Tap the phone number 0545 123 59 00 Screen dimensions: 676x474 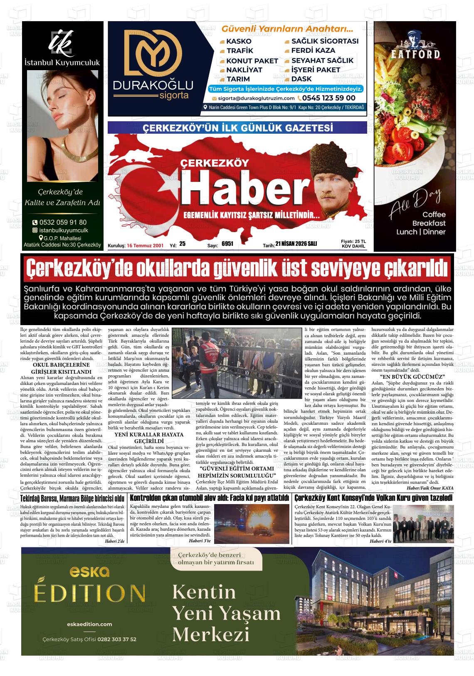(x=328, y=98)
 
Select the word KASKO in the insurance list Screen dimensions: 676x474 (x=239, y=41)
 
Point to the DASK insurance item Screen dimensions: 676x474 (x=301, y=79)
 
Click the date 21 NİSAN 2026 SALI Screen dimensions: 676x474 (x=299, y=244)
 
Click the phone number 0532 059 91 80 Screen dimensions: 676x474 (x=63, y=222)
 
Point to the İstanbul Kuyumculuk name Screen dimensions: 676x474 (x=62, y=63)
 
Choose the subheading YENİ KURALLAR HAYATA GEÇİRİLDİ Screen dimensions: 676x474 (x=148, y=437)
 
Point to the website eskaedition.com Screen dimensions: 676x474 (x=89, y=624)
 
